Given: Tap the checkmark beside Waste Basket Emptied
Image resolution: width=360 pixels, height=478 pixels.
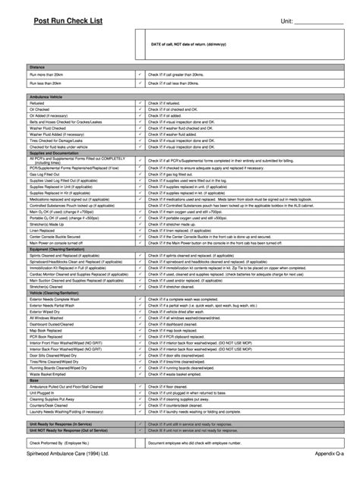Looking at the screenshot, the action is coord(140,374).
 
